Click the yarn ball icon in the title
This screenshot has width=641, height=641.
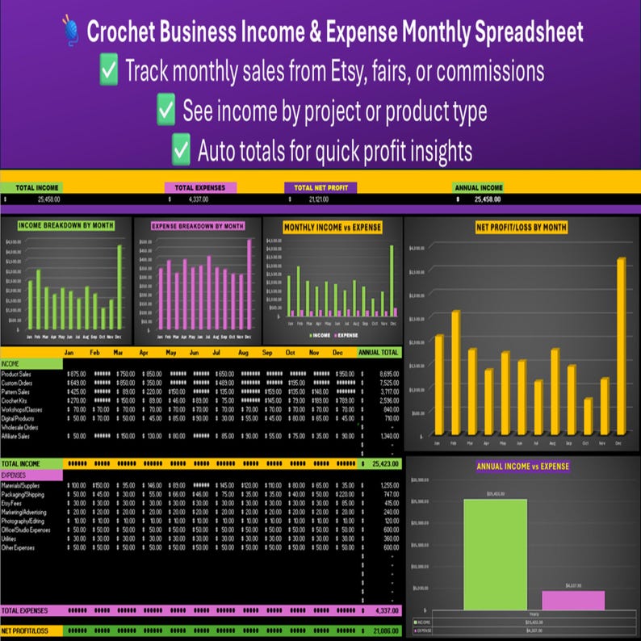[x=70, y=33]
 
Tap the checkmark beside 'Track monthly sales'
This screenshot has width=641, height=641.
[x=109, y=71]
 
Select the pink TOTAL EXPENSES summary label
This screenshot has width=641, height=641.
[x=200, y=187]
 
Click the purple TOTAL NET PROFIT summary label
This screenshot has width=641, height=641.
[x=320, y=187]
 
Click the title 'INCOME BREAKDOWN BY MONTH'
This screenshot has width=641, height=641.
[x=65, y=225]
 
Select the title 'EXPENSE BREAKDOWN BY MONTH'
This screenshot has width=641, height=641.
[x=198, y=226]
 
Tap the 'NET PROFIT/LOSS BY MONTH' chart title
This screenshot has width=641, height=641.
[x=521, y=227]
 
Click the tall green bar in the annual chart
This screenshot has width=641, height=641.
[x=494, y=554]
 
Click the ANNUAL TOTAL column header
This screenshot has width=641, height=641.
[x=379, y=353]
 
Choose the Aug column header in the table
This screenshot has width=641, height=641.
[x=243, y=353]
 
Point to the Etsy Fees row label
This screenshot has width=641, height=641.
[x=14, y=504]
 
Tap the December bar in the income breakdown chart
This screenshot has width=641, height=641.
[x=119, y=282]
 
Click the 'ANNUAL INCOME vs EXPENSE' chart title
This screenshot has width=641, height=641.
[x=521, y=466]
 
